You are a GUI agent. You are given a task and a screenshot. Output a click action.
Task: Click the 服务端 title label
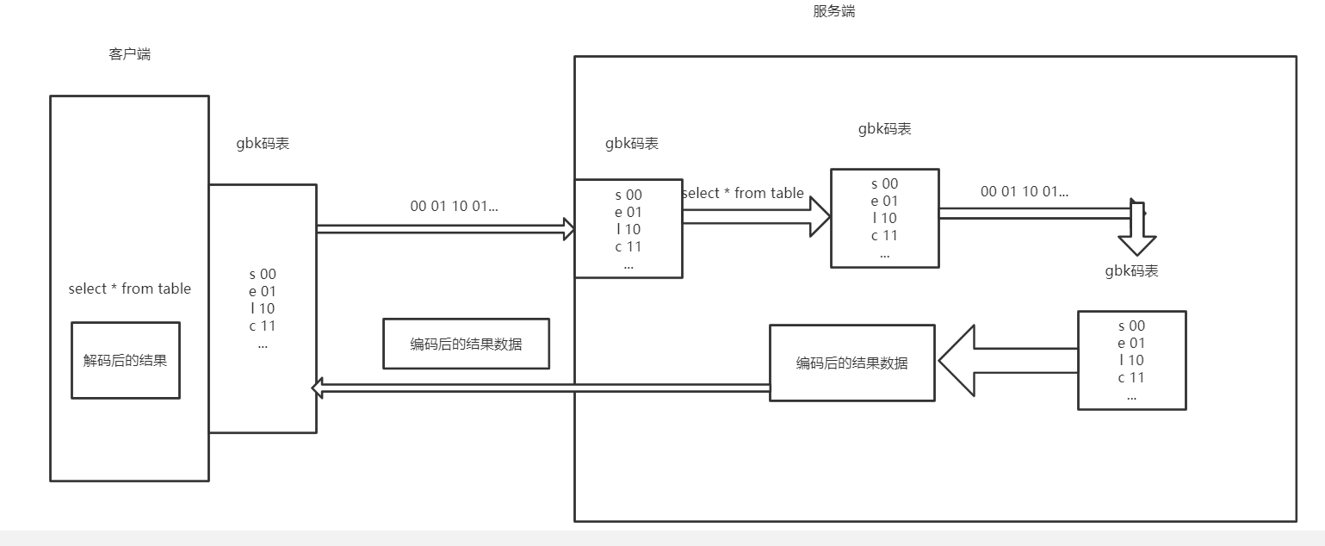833,11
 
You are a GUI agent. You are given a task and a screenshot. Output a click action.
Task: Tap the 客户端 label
130,54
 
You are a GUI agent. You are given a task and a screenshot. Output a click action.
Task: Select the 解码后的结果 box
126,361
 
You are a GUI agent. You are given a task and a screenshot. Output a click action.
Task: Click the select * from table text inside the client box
129,289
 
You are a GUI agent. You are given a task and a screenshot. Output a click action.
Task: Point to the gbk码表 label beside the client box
263,143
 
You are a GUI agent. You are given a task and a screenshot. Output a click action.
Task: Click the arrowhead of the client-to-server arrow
568,228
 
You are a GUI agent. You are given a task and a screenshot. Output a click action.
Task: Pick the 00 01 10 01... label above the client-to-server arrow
454,206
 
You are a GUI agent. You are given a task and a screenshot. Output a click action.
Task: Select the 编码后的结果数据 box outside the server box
466,344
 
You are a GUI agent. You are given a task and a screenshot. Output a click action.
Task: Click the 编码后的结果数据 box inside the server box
851,363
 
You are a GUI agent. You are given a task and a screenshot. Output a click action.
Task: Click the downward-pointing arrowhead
1136,243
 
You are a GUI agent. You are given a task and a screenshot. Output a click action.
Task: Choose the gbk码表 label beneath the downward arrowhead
1131,270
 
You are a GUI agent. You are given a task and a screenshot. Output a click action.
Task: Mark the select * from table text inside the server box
742,193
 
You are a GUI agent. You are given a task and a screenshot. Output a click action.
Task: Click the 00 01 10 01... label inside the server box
1025,191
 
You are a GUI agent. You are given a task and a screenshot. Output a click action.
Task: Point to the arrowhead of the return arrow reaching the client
317,390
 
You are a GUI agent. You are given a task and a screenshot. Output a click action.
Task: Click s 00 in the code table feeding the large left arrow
1131,326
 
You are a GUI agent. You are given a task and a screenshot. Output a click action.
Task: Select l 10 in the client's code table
263,308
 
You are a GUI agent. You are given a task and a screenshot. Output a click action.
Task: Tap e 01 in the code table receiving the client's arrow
628,212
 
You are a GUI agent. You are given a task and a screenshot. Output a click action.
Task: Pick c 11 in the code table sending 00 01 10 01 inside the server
884,235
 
